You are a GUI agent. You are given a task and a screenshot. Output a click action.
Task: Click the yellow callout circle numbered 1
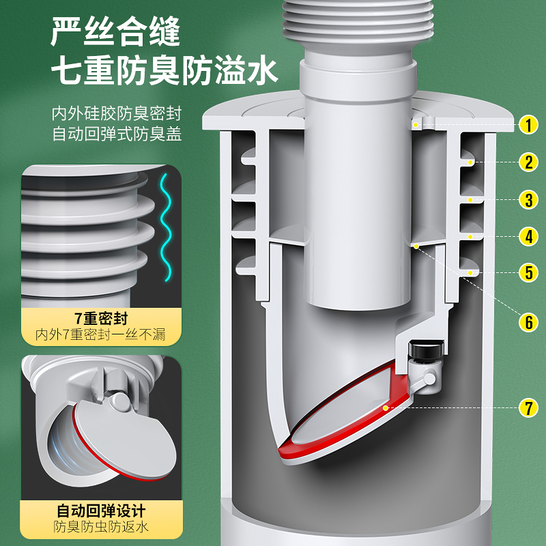(528, 126)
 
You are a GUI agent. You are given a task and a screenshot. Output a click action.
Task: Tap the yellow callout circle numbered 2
(528, 162)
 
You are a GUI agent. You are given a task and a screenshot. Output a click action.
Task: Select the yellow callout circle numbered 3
(528, 200)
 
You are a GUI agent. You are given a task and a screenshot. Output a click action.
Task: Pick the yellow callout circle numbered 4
(528, 237)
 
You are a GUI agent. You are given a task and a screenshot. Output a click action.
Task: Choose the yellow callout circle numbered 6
(528, 322)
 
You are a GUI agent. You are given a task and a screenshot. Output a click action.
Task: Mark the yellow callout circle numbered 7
(528, 408)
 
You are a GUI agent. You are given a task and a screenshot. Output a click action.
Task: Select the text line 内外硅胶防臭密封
(117, 113)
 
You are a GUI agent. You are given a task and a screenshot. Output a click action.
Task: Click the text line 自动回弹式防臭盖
(117, 134)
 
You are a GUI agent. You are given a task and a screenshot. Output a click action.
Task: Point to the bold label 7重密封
(102, 318)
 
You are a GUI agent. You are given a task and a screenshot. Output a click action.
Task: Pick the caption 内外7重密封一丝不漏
(102, 335)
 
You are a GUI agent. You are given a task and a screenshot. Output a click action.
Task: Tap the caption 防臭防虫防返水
(102, 528)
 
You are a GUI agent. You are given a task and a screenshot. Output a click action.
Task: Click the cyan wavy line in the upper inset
(163, 225)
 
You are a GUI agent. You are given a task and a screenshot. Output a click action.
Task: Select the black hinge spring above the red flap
(427, 352)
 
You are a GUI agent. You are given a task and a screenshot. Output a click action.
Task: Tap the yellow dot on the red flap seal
(386, 407)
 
